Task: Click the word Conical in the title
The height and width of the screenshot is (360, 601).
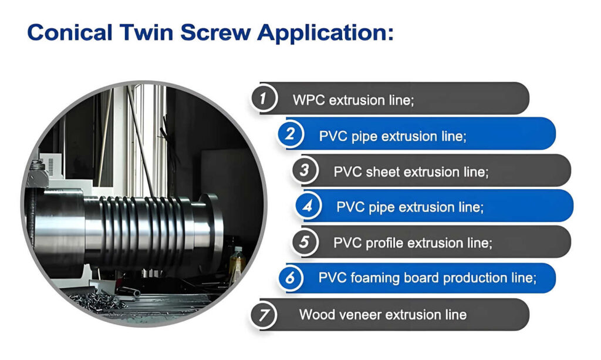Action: (70, 32)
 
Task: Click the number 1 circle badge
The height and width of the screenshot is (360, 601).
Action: (264, 99)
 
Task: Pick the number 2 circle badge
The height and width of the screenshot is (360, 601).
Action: (290, 134)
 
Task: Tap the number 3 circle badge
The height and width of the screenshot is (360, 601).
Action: (305, 170)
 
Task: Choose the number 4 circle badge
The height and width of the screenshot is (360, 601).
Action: (308, 206)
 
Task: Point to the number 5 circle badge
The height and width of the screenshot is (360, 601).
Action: (305, 241)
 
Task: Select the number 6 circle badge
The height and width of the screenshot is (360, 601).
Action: (290, 277)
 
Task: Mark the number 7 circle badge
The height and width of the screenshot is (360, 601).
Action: (264, 315)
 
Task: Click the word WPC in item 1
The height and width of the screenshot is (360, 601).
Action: (309, 100)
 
